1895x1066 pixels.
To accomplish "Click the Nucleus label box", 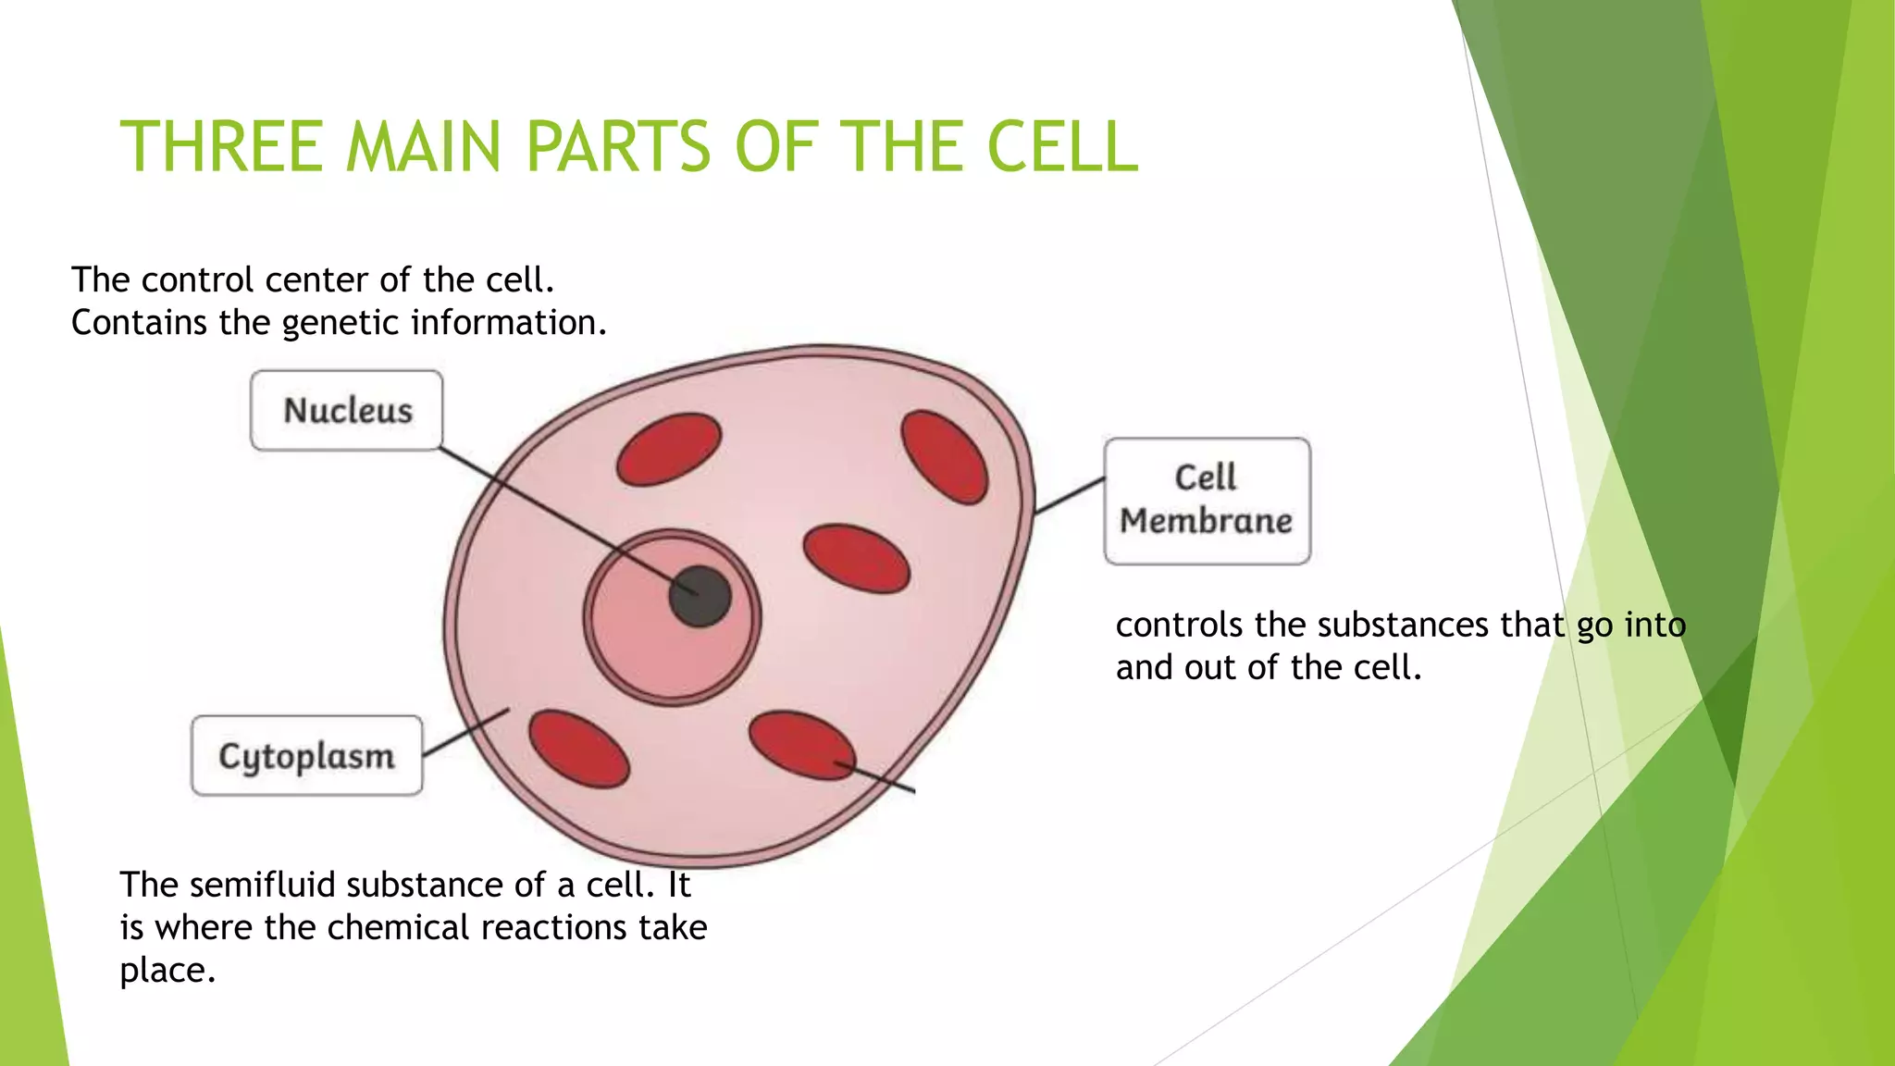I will pos(346,410).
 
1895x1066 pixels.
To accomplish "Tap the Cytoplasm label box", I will pos(306,755).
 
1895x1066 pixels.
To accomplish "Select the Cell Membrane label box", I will pos(1207,501).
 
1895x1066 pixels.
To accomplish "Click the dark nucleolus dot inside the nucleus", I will pos(700,596).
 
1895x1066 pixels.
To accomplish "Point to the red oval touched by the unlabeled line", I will pos(801,745).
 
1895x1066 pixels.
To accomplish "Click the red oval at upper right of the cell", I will pos(945,457).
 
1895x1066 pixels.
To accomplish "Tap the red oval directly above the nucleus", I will pos(669,449).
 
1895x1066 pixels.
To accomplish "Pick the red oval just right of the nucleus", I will pos(857,559).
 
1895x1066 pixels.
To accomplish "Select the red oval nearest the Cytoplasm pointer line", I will pos(579,749).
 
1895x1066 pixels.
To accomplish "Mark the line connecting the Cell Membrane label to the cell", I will pos(1070,495).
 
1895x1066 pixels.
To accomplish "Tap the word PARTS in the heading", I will pos(618,148).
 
